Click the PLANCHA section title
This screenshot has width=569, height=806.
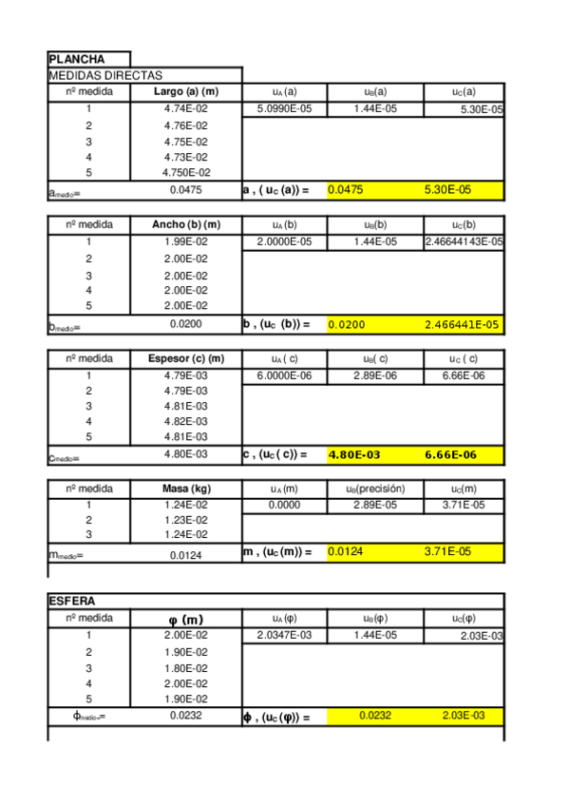(x=77, y=59)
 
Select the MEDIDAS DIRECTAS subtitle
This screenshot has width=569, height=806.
(x=105, y=75)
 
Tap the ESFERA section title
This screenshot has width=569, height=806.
(x=72, y=601)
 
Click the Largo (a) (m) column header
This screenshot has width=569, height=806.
(x=186, y=92)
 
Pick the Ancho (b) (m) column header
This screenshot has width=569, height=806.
(x=186, y=225)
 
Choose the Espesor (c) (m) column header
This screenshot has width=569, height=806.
(x=186, y=358)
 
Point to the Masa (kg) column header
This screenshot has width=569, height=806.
(x=186, y=489)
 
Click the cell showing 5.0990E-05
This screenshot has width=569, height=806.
(x=285, y=109)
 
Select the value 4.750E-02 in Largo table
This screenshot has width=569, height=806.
(x=186, y=173)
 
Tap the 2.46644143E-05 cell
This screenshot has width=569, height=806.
(x=464, y=242)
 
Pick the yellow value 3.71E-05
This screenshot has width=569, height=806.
(x=447, y=551)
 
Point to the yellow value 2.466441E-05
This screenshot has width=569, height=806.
(x=462, y=325)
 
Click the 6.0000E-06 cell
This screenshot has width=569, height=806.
(x=285, y=375)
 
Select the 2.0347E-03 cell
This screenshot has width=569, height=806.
(x=285, y=635)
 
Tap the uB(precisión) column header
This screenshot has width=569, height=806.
(x=375, y=489)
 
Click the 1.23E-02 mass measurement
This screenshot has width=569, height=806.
(x=186, y=520)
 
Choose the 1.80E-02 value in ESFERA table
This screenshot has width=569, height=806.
(x=186, y=667)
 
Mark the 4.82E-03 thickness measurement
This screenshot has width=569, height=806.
(x=186, y=421)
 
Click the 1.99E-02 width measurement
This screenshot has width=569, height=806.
(x=186, y=242)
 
